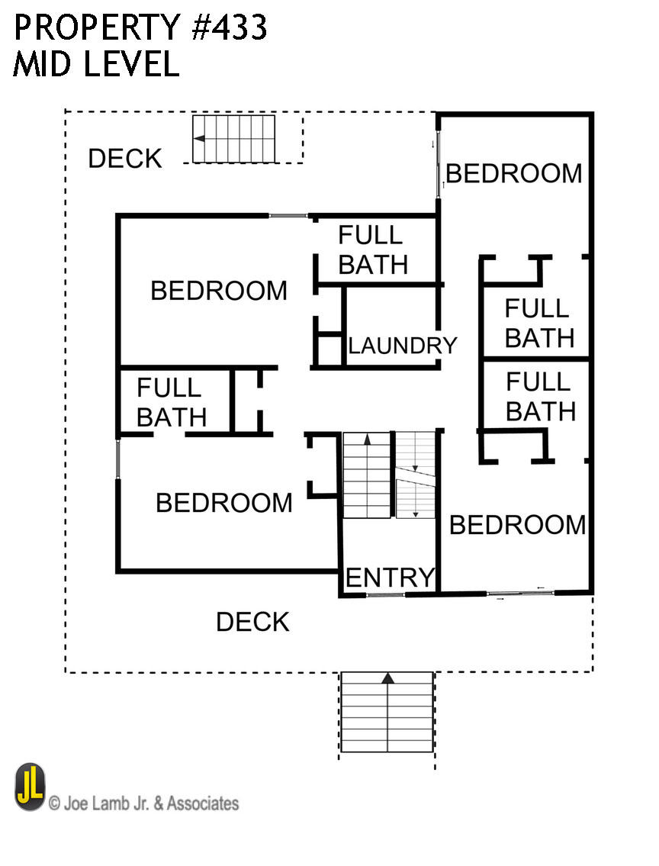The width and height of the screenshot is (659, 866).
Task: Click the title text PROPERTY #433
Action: pos(140,28)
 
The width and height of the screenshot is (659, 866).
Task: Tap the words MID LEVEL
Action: pos(96,65)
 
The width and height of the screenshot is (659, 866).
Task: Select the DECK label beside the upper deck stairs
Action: pos(125,159)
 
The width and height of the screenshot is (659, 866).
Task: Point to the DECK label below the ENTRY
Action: pos(252,622)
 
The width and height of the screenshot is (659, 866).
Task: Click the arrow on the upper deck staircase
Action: pos(200,139)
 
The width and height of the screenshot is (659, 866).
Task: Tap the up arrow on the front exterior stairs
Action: pos(387,678)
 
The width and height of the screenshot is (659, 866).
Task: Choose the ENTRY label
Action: pos(390,578)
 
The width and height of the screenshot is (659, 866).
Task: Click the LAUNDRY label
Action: pos(402,346)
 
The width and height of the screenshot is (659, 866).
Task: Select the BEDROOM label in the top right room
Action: pos(514,173)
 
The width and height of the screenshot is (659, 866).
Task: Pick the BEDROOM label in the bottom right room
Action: pos(517,525)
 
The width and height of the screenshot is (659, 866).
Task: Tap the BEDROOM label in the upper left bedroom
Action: pos(219,291)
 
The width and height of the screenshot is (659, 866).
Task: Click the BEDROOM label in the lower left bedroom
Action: pos(224,503)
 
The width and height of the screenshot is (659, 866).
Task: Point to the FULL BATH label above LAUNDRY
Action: pos(373,249)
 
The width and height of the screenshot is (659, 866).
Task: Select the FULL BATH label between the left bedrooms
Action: pos(172,402)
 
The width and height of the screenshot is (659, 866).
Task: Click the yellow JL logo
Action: pos(30,787)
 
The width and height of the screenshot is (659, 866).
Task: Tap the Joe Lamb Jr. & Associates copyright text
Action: pos(143,803)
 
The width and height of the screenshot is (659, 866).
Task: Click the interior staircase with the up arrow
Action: pos(366,475)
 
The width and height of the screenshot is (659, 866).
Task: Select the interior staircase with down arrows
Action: pos(415,475)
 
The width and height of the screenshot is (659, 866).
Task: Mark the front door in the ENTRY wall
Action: pos(386,594)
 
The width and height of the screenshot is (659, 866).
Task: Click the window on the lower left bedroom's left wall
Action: pos(118,459)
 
